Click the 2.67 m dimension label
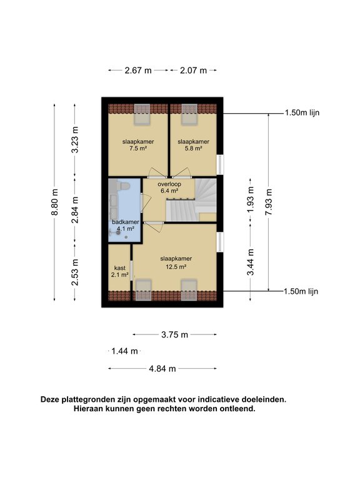pos(138,71)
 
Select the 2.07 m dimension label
pos(194,71)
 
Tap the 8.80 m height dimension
pos(55,203)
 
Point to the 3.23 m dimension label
pos(75,141)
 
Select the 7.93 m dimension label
pos(269,202)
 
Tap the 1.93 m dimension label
pos(251,201)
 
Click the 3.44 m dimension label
pos(251,262)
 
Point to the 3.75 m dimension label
pos(174,335)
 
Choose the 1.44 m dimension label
pos(124,351)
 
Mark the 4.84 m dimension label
pos(162,369)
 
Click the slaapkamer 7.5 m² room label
pos(138,145)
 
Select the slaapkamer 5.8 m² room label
pos(193,145)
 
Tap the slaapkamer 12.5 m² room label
pos(176,262)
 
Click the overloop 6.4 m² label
pos(170,187)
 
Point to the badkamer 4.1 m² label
pos(125,225)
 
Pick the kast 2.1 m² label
pos(119,271)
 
